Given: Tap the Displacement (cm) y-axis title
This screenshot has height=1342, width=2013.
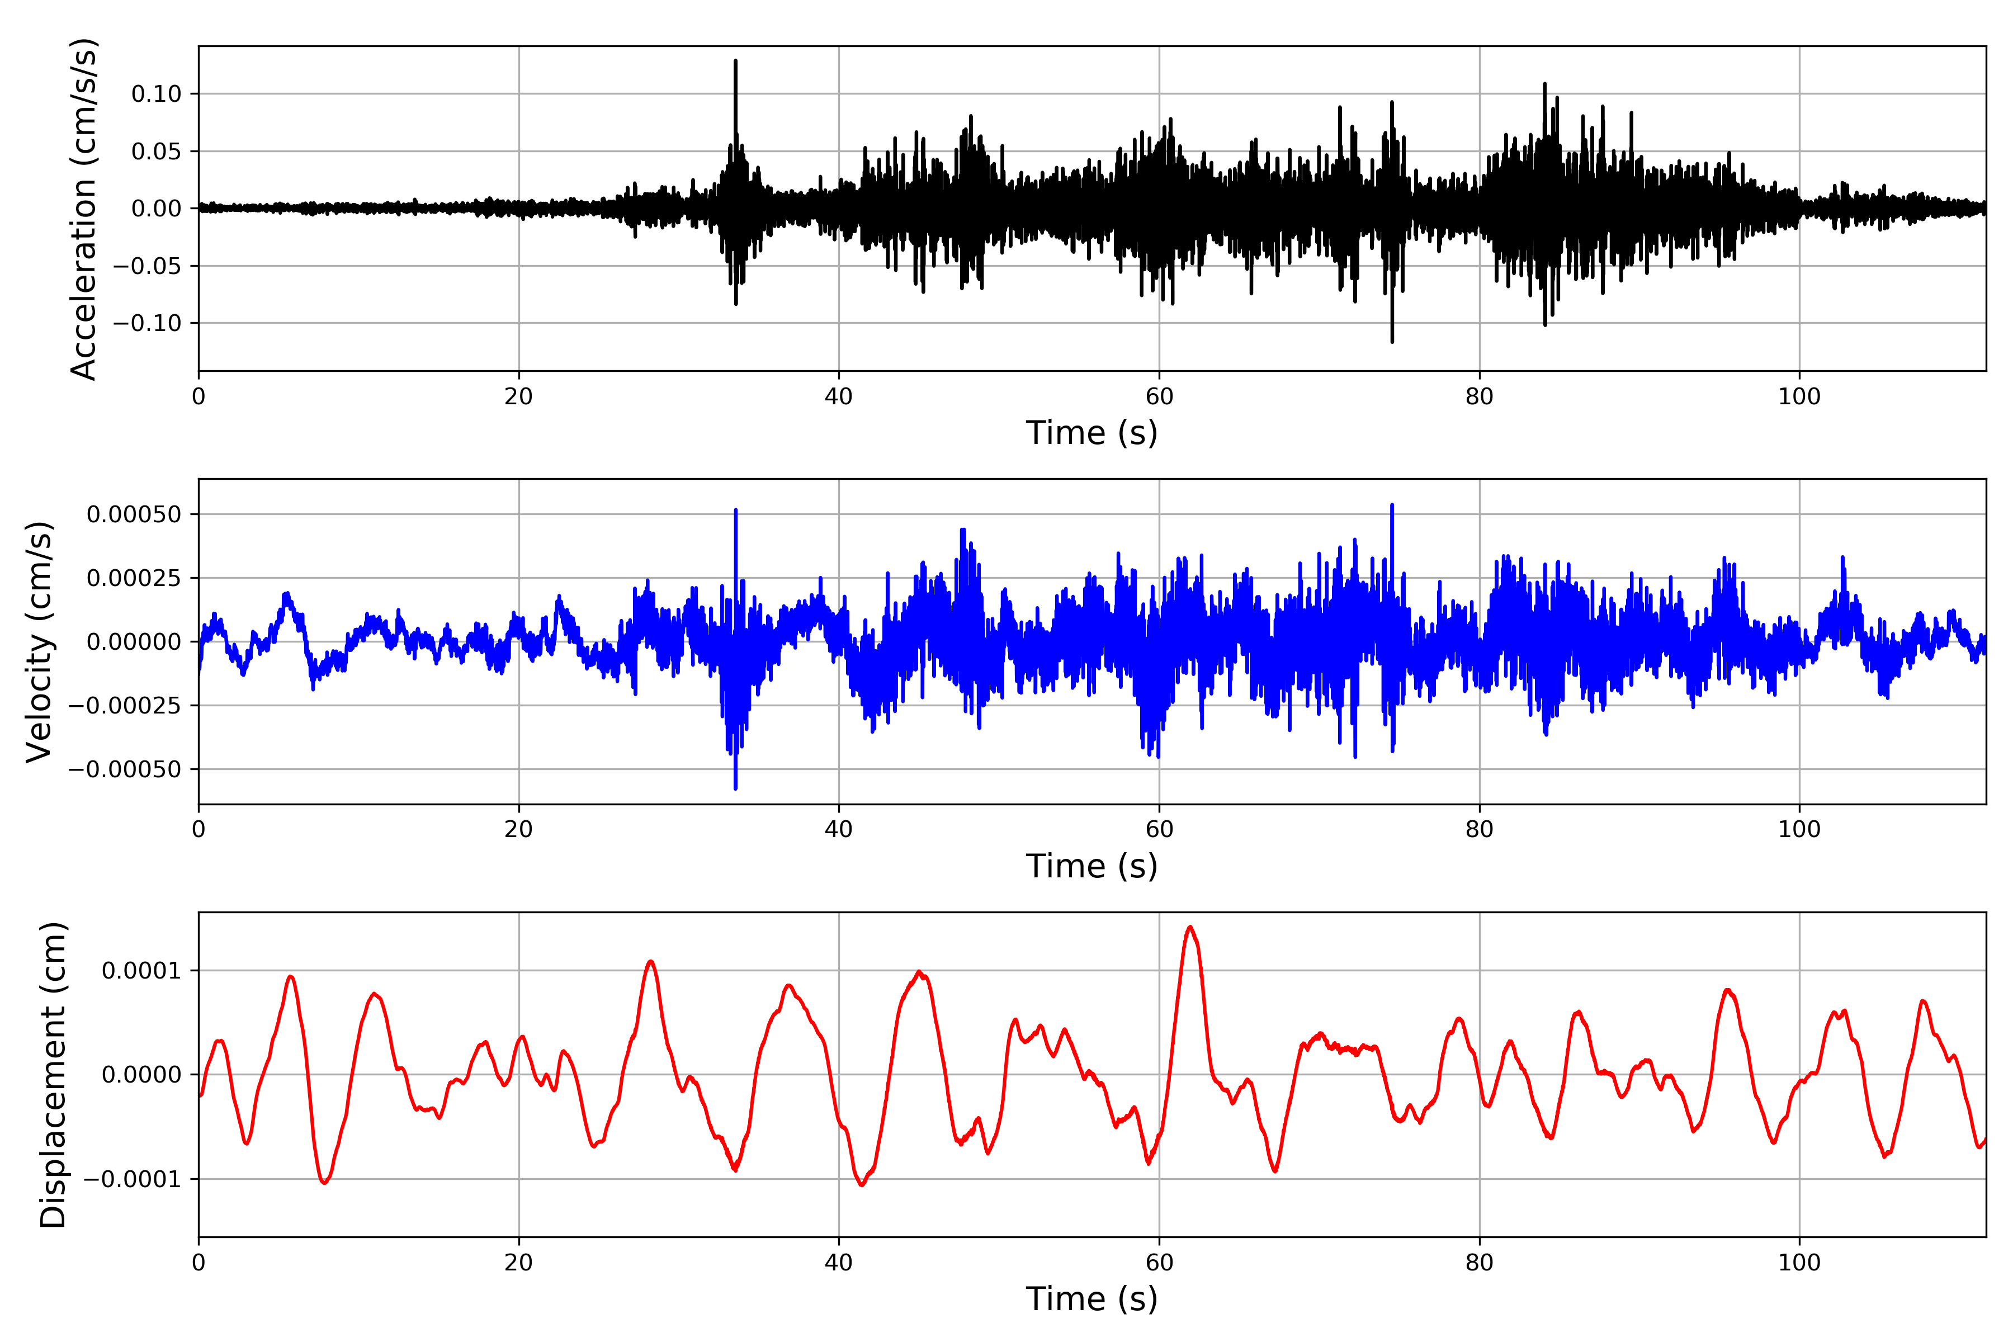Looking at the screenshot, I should [53, 1074].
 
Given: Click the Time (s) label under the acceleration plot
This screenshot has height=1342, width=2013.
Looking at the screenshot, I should [1091, 433].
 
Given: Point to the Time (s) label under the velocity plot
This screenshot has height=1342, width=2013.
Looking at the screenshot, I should [1091, 866].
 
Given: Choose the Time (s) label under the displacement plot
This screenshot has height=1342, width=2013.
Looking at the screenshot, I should [1091, 1299].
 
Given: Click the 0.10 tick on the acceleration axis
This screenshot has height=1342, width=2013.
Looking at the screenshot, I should [157, 94].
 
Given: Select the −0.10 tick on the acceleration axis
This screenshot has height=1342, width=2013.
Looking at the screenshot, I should [147, 324].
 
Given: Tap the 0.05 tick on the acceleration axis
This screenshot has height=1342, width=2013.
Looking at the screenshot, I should [157, 152].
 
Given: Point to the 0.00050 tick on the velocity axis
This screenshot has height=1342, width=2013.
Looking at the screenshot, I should [134, 514].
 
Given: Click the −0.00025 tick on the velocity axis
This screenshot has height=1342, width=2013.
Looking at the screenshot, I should [125, 706].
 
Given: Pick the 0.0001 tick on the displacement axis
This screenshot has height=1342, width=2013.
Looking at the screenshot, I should [142, 971].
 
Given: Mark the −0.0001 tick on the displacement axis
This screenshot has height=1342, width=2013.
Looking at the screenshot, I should [133, 1179].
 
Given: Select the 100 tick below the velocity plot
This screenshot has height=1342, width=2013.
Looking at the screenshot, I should [1799, 829].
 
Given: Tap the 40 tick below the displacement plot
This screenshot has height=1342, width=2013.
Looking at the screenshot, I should [839, 1263].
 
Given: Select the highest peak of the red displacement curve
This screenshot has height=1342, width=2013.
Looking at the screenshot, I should [1190, 927].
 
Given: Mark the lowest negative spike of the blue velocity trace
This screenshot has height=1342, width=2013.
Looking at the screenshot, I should [735, 787].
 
